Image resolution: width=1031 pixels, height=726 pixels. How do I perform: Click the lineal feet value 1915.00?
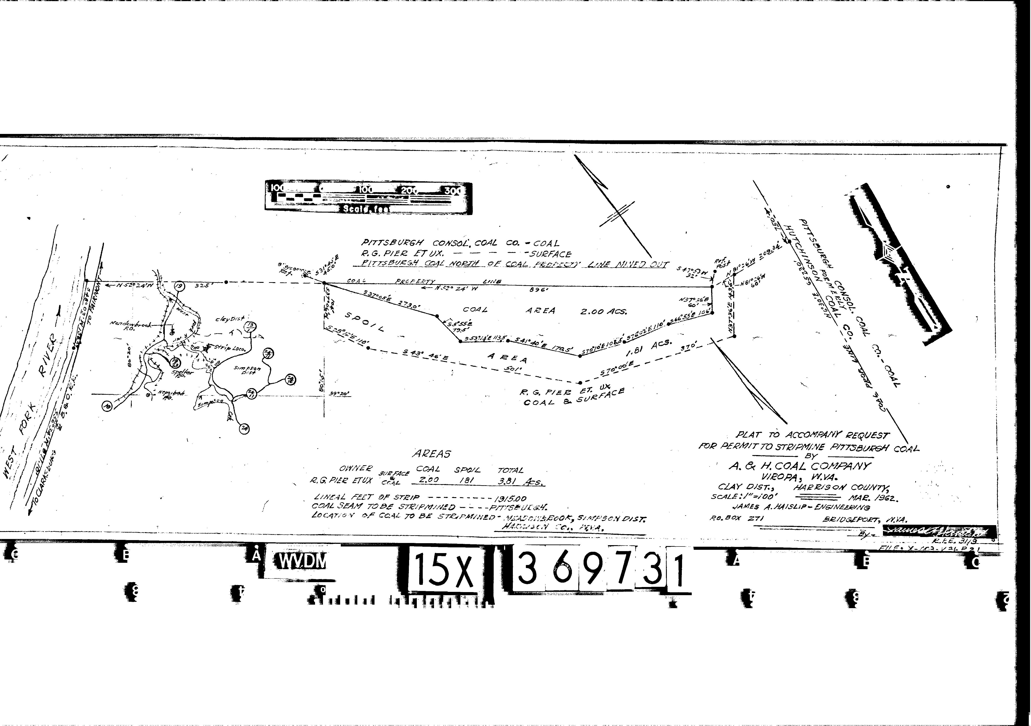510,498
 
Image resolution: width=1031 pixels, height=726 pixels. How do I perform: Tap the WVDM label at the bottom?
301,561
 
